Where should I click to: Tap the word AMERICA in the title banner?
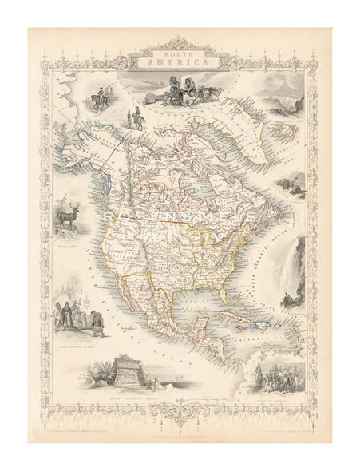coord(179,61)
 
